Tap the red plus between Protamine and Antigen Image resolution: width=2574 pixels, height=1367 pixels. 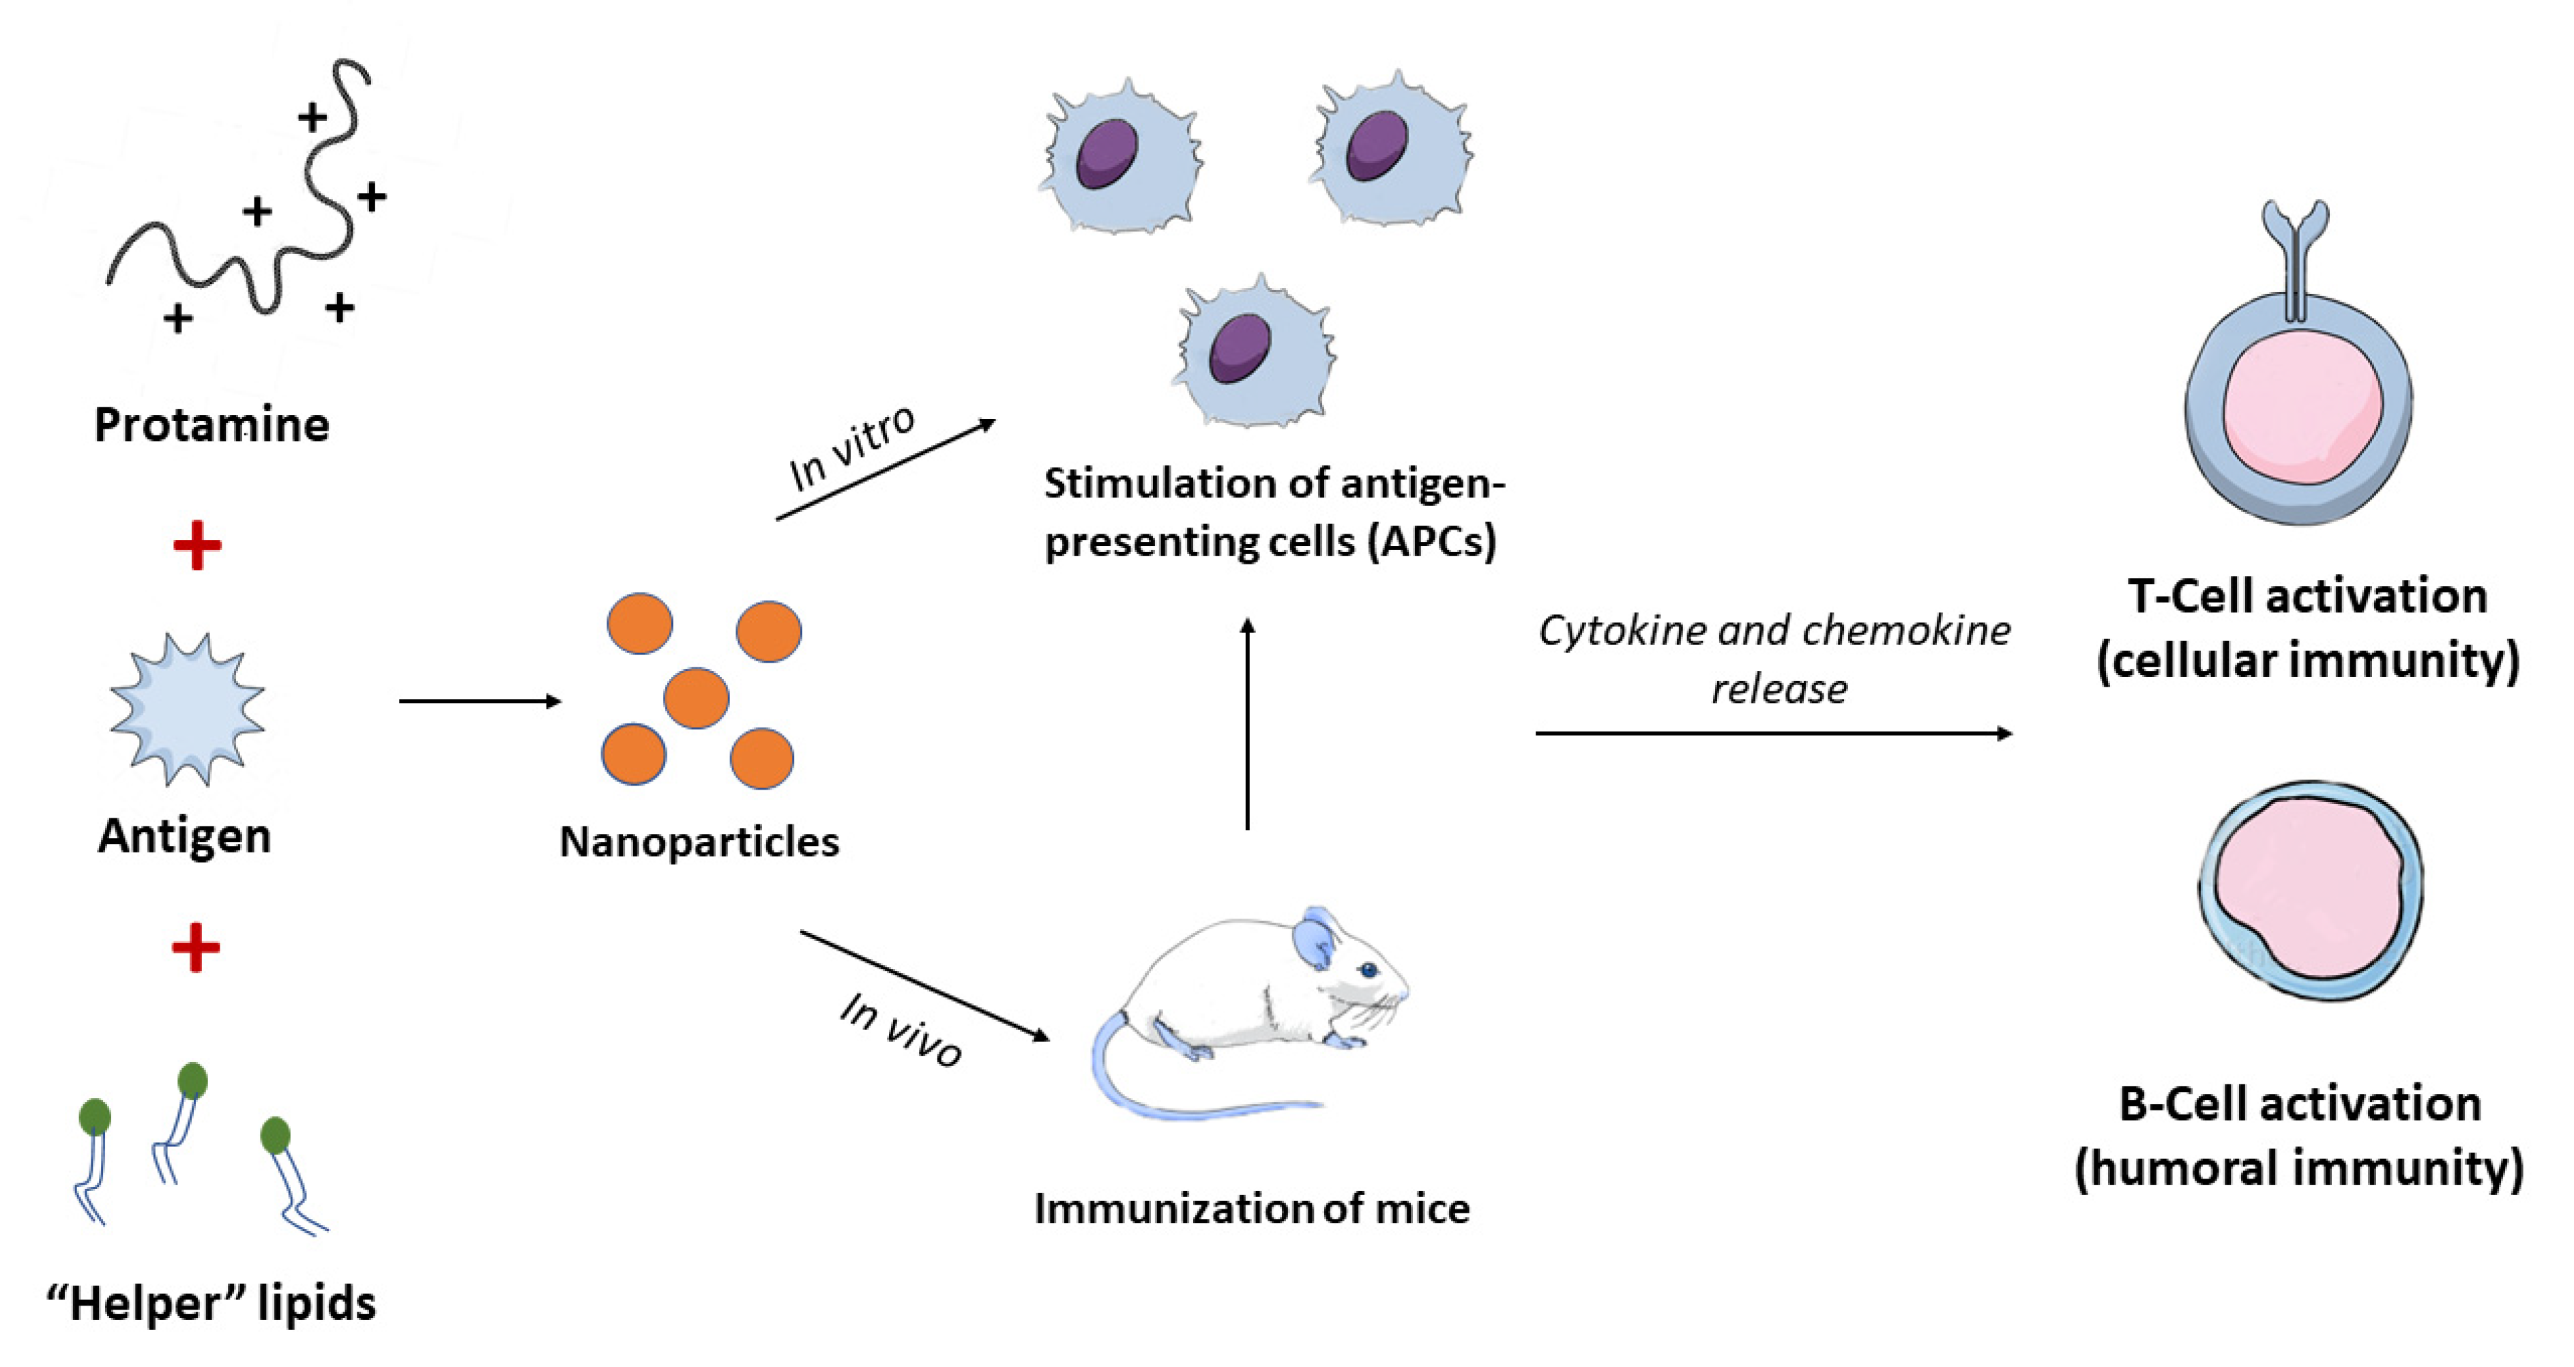[197, 545]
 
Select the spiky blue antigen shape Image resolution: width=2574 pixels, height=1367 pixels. [187, 708]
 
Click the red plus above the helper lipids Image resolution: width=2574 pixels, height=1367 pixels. [196, 947]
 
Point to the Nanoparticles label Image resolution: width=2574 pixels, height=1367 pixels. [699, 842]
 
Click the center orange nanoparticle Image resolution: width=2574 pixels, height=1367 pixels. [697, 697]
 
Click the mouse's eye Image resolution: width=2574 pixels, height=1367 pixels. [1367, 969]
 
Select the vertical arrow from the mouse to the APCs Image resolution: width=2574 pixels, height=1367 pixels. [1247, 725]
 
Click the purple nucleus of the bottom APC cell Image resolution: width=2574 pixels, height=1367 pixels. [1239, 348]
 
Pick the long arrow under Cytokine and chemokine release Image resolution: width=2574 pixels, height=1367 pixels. [1774, 734]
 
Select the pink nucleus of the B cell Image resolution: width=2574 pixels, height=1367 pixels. [2308, 889]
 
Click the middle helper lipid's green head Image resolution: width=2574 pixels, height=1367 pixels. [192, 1081]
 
